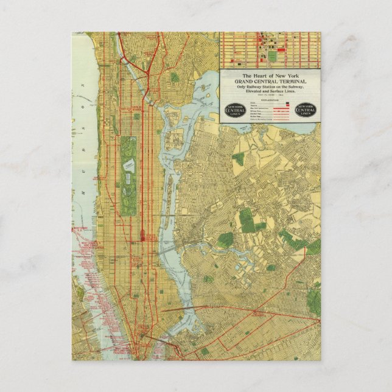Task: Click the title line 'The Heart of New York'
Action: tap(268, 75)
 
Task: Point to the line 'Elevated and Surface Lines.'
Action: tap(268, 91)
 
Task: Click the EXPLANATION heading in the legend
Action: tap(268, 100)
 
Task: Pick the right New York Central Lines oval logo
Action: tap(306, 110)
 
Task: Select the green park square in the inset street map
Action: tap(272, 56)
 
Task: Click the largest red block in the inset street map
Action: tap(266, 43)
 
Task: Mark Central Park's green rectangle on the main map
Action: tap(128, 176)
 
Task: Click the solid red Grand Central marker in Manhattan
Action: tap(142, 236)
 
